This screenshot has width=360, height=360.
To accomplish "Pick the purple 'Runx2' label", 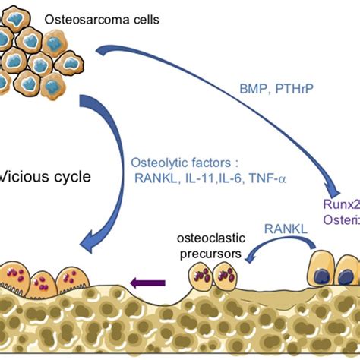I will (x=342, y=206).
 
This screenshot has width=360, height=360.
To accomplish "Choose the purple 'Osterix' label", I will (x=342, y=223).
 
